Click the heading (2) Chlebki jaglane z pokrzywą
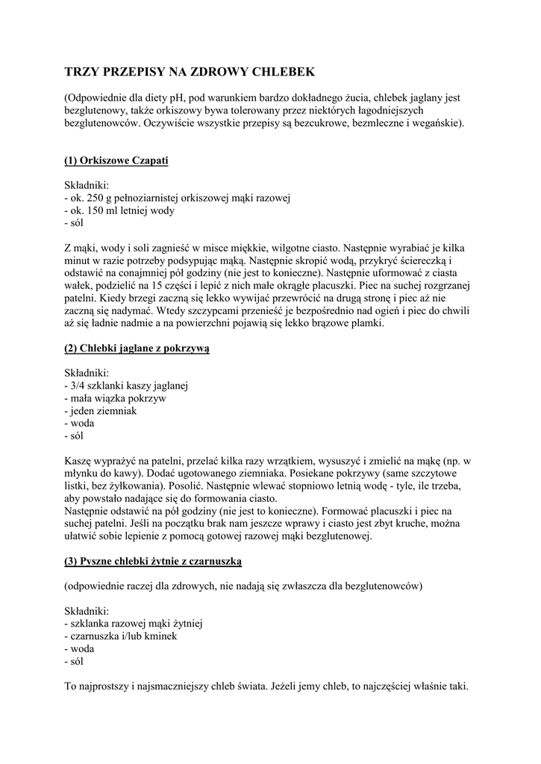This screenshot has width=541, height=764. coord(137,348)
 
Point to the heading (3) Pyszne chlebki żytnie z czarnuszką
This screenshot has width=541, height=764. coord(153,560)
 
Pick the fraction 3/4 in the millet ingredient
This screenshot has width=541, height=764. coord(77,386)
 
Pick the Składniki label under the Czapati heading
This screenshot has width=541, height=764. coord(87,185)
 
